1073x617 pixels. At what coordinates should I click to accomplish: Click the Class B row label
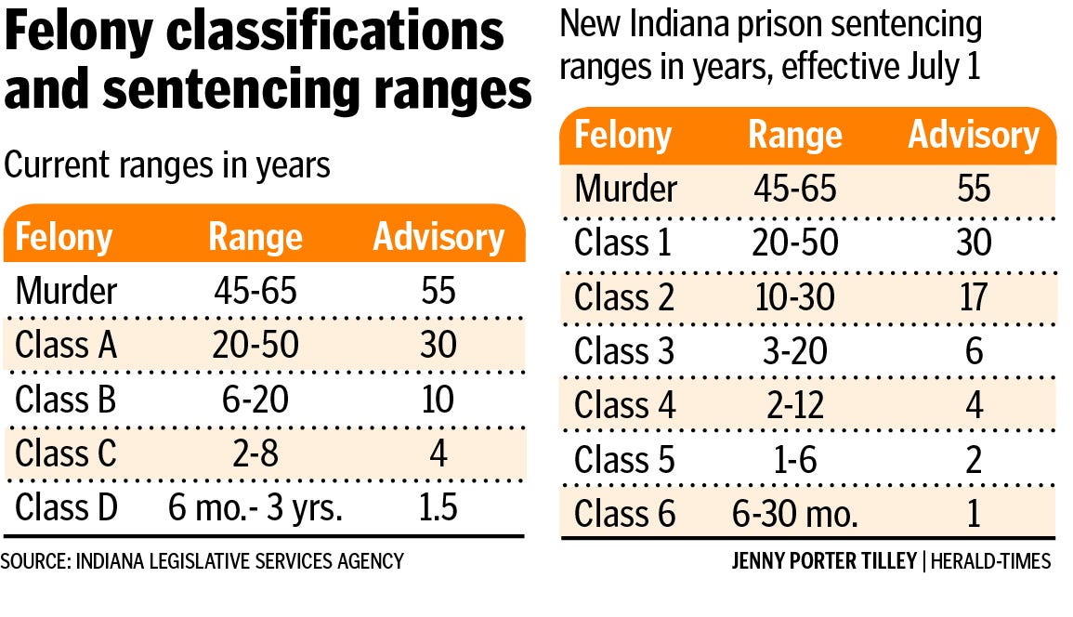point(66,400)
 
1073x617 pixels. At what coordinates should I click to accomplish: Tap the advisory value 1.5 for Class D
point(438,509)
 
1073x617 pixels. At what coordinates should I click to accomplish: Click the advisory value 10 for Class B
point(438,400)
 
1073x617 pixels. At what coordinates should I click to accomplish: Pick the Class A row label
point(66,345)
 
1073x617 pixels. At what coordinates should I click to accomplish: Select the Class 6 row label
point(625,514)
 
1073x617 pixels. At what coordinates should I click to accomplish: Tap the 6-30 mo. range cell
point(794,514)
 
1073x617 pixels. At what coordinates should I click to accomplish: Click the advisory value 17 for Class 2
point(974,297)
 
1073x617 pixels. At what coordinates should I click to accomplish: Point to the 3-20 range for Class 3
point(794,351)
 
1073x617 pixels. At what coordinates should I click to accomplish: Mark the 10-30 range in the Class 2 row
point(794,297)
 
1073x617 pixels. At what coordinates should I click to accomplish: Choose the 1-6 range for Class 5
point(794,460)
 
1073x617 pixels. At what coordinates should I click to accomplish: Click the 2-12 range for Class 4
point(794,406)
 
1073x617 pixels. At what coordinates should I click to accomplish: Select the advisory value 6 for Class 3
point(974,351)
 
